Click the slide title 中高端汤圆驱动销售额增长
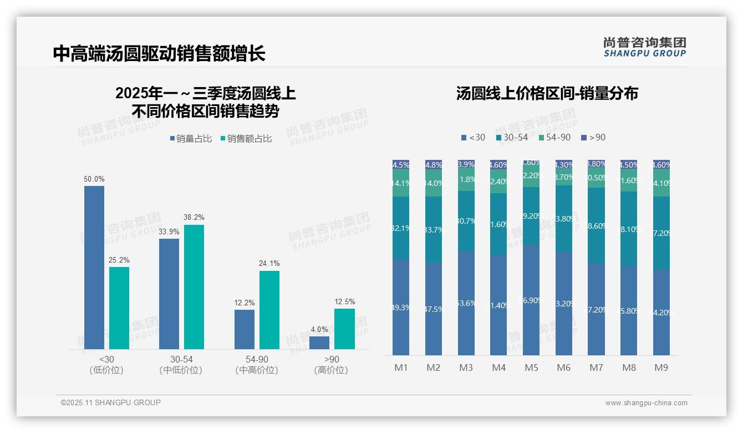point(159,53)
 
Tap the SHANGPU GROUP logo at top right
point(644,47)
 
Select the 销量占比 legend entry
point(191,139)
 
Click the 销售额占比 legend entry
point(247,139)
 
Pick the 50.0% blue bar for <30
point(94,266)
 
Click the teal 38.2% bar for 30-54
point(194,286)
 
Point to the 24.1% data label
point(269,264)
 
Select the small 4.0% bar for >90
point(319,343)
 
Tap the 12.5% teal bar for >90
point(344,329)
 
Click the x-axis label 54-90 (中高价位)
point(256,365)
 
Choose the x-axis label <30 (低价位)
point(106,365)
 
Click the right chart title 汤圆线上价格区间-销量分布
point(547,93)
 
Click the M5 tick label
point(531,367)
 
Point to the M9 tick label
point(661,367)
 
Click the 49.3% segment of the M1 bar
point(401,307)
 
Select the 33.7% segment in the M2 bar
point(434,229)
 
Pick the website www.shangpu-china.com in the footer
point(646,403)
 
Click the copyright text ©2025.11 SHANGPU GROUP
point(111,402)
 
